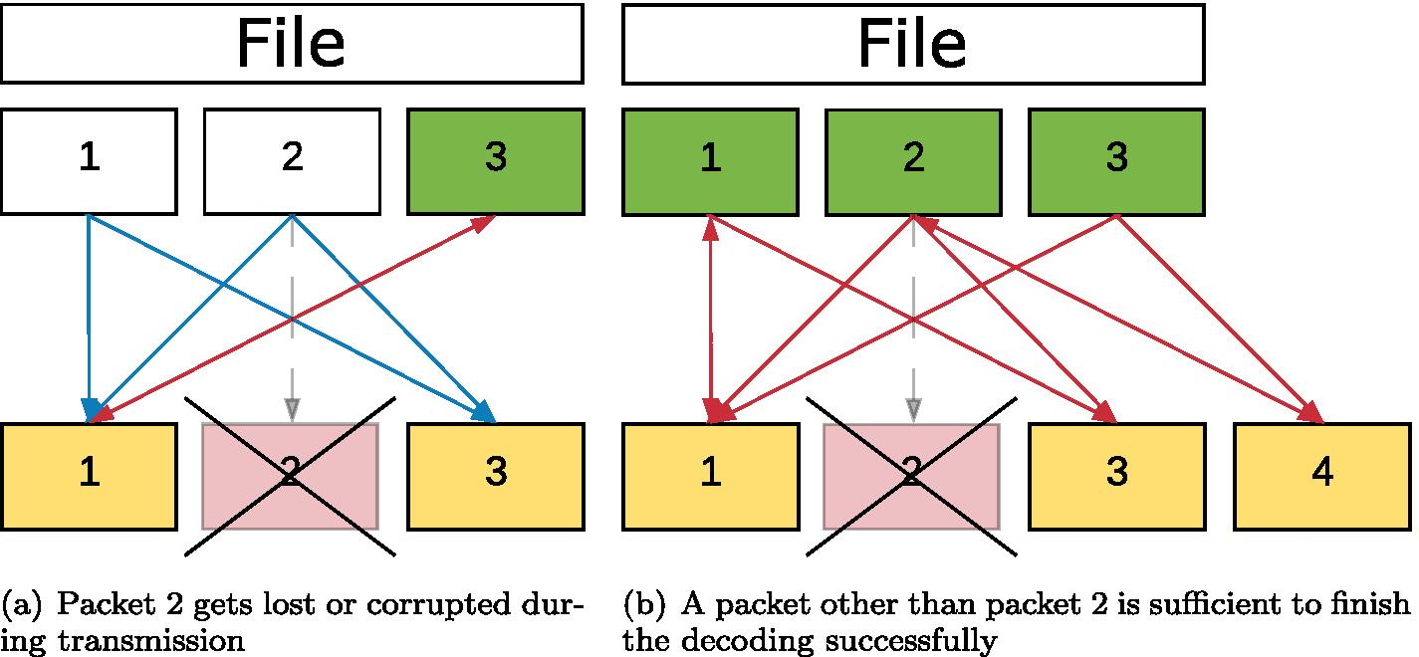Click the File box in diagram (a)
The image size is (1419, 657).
tap(291, 44)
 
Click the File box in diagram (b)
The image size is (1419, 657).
tap(912, 44)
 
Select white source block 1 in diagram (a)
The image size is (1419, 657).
tap(90, 161)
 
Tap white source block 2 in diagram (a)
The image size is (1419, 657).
tap(292, 161)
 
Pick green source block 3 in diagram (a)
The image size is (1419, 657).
tap(495, 161)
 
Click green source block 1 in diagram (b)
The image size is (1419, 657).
tap(710, 161)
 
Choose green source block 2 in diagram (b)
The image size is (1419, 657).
tap(912, 161)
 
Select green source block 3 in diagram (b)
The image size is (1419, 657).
tap(1116, 161)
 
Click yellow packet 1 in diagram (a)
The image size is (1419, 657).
tap(90, 475)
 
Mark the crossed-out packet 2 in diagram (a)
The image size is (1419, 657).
tap(290, 475)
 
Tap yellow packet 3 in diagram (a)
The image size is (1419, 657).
tap(495, 475)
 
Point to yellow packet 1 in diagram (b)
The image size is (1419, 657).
tap(710, 475)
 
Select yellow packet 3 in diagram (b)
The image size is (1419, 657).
tap(1116, 475)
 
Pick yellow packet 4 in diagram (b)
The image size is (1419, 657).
tap(1321, 475)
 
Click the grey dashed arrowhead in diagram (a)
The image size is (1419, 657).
tap(291, 408)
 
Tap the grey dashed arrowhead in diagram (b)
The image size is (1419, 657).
tap(912, 408)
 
